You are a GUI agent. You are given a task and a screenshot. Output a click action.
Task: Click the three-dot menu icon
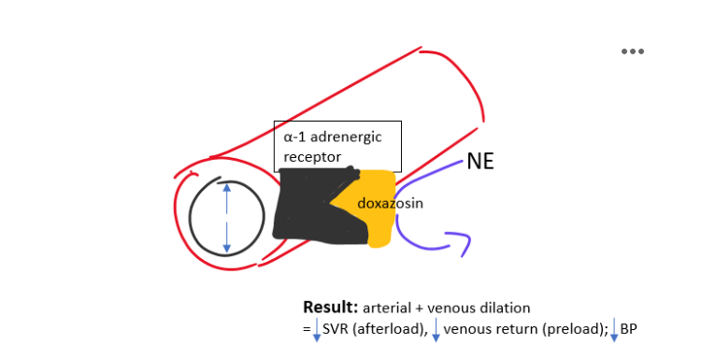[x=633, y=51]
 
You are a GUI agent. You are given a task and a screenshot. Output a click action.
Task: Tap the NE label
[x=480, y=162]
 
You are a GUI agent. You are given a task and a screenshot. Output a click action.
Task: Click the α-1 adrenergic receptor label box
[x=337, y=146]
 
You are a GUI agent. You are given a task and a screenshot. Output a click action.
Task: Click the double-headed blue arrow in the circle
[x=226, y=218]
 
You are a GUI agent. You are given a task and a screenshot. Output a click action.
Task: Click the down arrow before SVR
[x=317, y=329]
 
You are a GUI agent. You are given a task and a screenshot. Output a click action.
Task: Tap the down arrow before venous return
[x=436, y=329]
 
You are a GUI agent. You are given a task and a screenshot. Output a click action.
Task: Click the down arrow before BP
[x=614, y=329]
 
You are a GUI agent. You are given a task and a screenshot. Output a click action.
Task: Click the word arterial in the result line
[x=384, y=308]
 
